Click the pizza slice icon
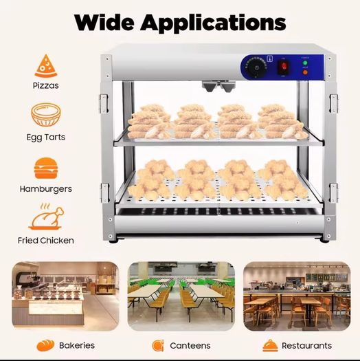click(x=46, y=66)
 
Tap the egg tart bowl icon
click(x=46, y=115)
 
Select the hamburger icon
click(x=46, y=168)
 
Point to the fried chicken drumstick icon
click(x=46, y=217)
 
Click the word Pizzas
click(x=46, y=85)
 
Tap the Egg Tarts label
click(x=46, y=138)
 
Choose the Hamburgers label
click(x=46, y=189)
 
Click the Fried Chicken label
click(x=46, y=241)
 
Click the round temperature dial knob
click(x=256, y=67)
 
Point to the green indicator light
click(x=305, y=63)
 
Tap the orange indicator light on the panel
click(x=305, y=72)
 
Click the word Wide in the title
click(x=104, y=23)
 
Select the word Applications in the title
click(x=213, y=23)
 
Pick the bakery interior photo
click(x=65, y=296)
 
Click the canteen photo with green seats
click(x=181, y=296)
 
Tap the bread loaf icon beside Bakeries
click(x=45, y=345)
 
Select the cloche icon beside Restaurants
click(x=270, y=346)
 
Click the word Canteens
click(x=190, y=346)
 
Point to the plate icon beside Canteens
click(x=158, y=346)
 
